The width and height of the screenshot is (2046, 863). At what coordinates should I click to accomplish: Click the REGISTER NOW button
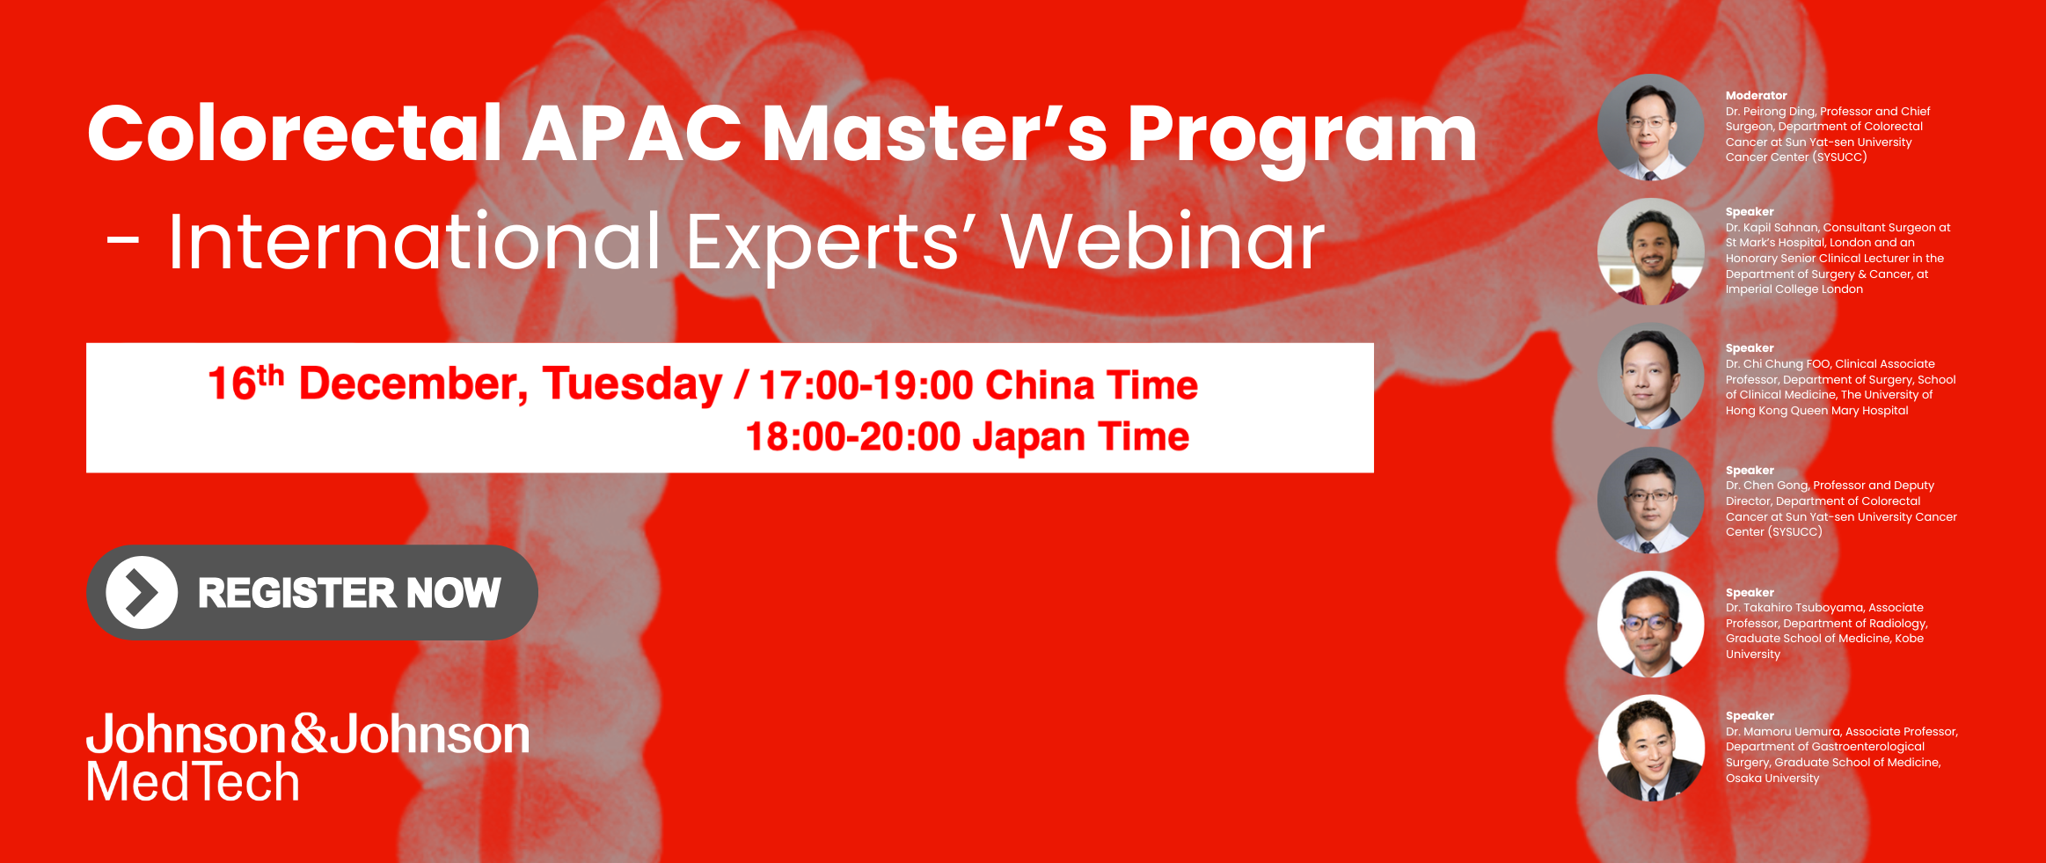pos(312,592)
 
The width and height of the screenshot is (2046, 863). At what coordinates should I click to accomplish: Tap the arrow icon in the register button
pos(142,592)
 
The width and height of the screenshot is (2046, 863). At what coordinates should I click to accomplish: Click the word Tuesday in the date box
pos(632,384)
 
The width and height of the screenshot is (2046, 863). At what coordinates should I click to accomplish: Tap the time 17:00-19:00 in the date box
pos(866,385)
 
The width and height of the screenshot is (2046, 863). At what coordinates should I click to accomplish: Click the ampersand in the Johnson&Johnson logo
pos(308,735)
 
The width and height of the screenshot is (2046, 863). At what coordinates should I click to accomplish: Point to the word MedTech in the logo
pos(194,781)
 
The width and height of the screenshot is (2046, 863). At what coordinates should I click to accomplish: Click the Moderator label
pos(1756,95)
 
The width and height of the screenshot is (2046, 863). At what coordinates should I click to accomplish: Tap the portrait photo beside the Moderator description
pos(1650,128)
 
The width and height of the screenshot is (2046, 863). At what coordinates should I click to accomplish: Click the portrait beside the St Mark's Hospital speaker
pos(1650,252)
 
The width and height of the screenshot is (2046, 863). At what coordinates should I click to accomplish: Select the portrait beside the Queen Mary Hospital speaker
pos(1650,376)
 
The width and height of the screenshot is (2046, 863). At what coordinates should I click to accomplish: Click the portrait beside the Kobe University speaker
pos(1650,624)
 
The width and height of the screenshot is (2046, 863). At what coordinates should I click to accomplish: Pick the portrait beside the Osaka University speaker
pos(1650,748)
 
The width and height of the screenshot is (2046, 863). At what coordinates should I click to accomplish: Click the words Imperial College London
pos(1794,289)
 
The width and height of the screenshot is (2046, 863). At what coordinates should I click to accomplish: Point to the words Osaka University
pos(1772,779)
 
